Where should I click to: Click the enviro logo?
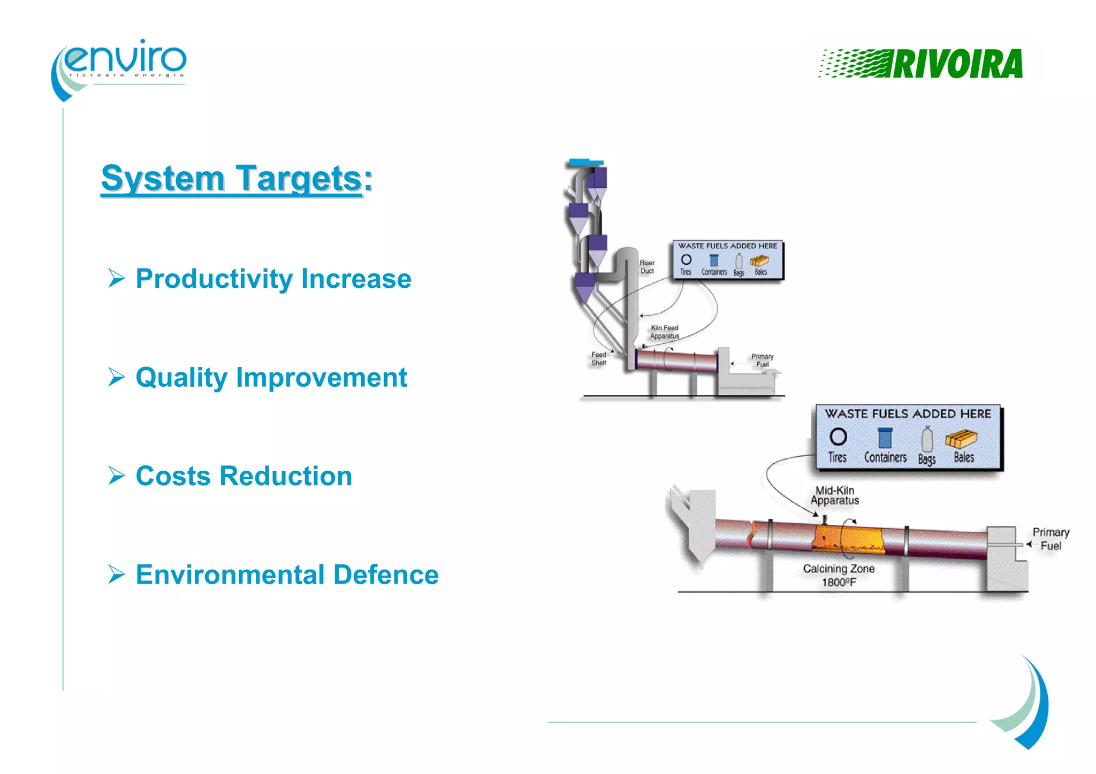click(x=120, y=67)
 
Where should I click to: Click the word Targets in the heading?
click(x=299, y=178)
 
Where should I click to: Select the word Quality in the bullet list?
click(x=182, y=378)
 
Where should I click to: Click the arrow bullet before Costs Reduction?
click(x=116, y=476)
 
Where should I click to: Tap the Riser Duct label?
click(x=647, y=267)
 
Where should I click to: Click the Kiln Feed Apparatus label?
click(x=664, y=332)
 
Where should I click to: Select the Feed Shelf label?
click(x=598, y=359)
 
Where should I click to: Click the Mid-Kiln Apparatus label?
click(x=834, y=495)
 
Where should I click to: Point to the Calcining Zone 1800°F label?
click(x=839, y=575)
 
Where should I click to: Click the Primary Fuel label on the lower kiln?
click(x=1051, y=539)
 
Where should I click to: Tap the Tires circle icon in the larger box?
click(x=838, y=437)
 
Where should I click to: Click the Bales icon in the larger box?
click(x=961, y=439)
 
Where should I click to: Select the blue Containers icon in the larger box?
click(x=885, y=438)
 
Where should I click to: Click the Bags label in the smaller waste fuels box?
click(x=739, y=273)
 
